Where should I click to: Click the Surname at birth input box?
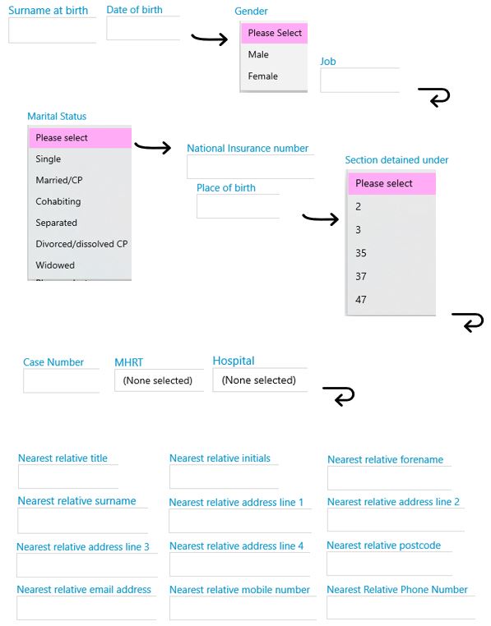(53, 30)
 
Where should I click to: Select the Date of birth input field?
(143, 28)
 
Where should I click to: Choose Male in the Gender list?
(258, 54)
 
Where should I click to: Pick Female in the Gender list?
(262, 76)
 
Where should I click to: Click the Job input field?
(360, 80)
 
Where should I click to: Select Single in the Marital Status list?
(48, 159)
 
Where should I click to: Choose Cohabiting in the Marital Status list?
(58, 201)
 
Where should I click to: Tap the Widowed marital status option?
(55, 265)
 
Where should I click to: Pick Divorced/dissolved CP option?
(81, 244)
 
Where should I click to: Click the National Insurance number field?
(251, 167)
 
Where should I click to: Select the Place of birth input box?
(238, 206)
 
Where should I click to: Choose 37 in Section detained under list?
(361, 276)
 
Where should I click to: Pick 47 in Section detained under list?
(361, 299)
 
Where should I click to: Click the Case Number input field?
(61, 381)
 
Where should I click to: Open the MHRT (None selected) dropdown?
(159, 380)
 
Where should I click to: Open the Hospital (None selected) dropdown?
(260, 380)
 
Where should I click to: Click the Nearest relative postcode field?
(390, 564)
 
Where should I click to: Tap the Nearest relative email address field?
(86, 608)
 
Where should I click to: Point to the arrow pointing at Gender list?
(210, 39)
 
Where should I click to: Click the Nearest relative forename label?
(385, 459)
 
